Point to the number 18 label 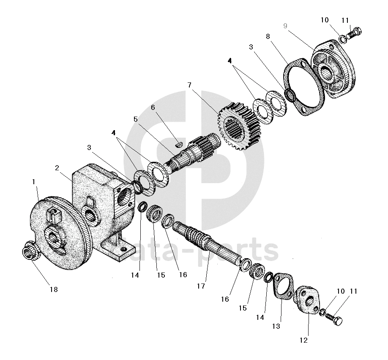(x=53, y=289)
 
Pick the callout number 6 (x=153, y=107)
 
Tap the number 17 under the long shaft (x=200, y=286)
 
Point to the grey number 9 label (x=285, y=26)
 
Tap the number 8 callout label (x=268, y=37)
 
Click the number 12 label (x=304, y=340)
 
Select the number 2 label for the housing (x=57, y=168)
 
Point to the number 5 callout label (x=136, y=119)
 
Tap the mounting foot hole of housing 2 (x=123, y=250)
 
